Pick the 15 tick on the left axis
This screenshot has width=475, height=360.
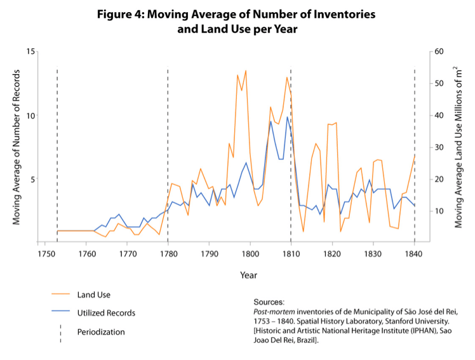click(x=29, y=51)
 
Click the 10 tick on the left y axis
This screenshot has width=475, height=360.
click(x=29, y=116)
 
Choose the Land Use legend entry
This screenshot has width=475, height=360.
click(x=93, y=295)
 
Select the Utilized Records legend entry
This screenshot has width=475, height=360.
click(x=106, y=313)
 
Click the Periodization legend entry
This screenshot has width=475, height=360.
click(x=101, y=331)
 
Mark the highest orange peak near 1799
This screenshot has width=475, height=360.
click(x=246, y=70)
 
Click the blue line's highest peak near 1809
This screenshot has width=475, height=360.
click(x=287, y=117)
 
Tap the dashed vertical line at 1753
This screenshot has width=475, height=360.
click(x=57, y=152)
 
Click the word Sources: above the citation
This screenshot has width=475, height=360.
click(x=269, y=302)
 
